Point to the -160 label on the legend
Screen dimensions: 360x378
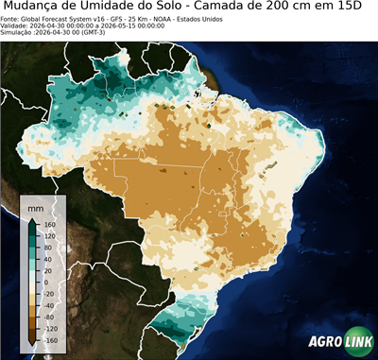50,340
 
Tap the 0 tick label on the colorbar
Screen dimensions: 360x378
46,283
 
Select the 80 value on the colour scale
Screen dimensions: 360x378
48,253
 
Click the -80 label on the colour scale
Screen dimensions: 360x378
49,311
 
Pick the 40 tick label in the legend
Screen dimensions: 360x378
48,267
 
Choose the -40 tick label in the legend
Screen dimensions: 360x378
49,297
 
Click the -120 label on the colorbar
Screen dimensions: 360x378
50,326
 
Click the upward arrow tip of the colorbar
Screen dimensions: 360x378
32,218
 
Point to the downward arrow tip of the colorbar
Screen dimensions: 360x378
32,345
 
